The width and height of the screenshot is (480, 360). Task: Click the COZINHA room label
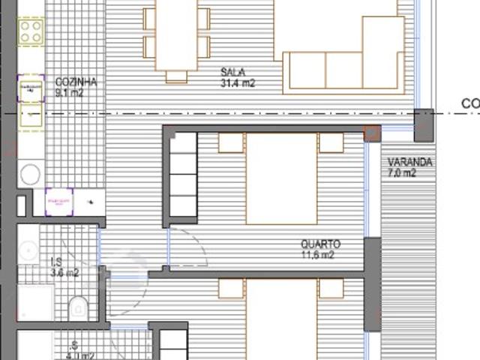click(76, 82)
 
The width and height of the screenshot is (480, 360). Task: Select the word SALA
click(232, 73)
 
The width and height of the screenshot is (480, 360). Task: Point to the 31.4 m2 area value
click(238, 84)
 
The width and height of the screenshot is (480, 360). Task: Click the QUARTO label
click(320, 244)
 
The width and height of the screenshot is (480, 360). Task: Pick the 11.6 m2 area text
click(317, 255)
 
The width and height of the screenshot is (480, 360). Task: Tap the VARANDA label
click(409, 163)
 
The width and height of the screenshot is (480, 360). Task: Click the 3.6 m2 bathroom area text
click(64, 273)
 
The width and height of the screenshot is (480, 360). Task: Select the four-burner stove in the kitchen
click(31, 31)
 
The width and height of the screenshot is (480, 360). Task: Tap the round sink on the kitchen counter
click(30, 175)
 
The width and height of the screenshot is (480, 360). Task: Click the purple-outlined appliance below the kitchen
click(59, 202)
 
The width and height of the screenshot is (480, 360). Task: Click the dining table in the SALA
click(176, 36)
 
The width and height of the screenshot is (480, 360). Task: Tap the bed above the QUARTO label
click(281, 178)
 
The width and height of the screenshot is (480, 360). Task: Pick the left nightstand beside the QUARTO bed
click(231, 142)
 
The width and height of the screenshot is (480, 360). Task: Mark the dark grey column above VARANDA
click(424, 124)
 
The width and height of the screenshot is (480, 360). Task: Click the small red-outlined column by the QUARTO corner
click(372, 134)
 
